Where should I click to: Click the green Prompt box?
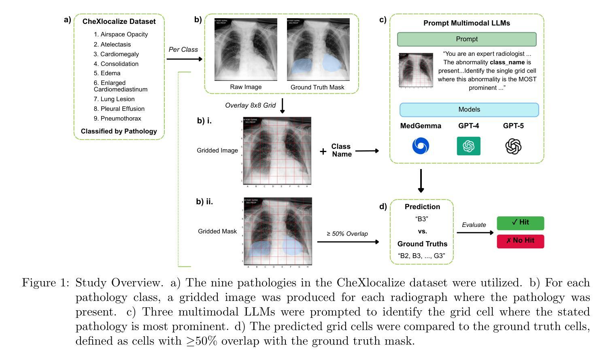pyautogui.click(x=466, y=39)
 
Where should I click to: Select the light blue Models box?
pyautogui.click(x=469, y=110)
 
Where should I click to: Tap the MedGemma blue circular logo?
pyautogui.click(x=421, y=146)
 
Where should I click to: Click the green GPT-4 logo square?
pyautogui.click(x=468, y=146)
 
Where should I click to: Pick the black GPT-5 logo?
pyautogui.click(x=513, y=146)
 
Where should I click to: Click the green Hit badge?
pyautogui.click(x=520, y=222)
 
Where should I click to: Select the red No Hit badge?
pyautogui.click(x=520, y=241)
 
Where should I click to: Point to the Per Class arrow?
pyautogui.click(x=184, y=59)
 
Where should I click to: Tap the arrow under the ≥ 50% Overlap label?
pyautogui.click(x=348, y=242)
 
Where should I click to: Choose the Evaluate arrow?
pyautogui.click(x=475, y=233)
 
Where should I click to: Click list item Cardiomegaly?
pyautogui.click(x=116, y=54)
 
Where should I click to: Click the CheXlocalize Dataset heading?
pyautogui.click(x=119, y=21)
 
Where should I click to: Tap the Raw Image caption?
pyautogui.click(x=246, y=87)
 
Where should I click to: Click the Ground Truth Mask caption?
pyautogui.click(x=317, y=87)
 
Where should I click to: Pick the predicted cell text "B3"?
pyautogui.click(x=422, y=219)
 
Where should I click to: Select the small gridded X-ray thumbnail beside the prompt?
pyautogui.click(x=416, y=70)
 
